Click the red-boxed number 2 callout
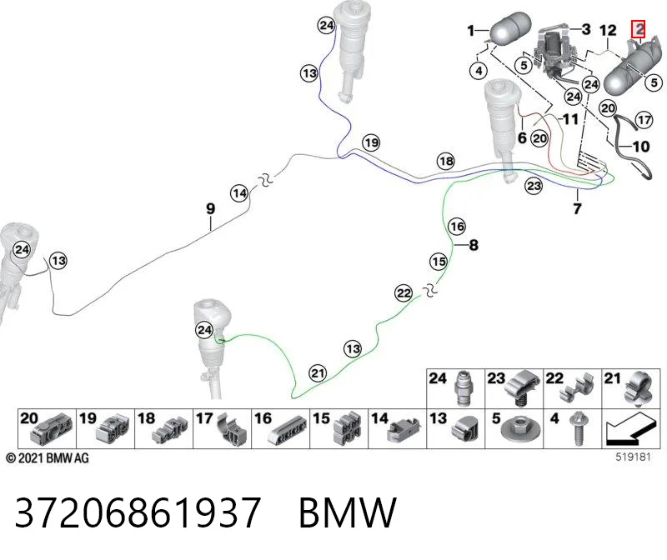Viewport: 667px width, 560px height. pyautogui.click(x=638, y=29)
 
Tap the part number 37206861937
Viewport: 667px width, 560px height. pyautogui.click(x=138, y=512)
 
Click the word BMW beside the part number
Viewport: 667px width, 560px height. pyautogui.click(x=348, y=512)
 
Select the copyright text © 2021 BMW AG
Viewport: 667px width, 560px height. pyautogui.click(x=48, y=458)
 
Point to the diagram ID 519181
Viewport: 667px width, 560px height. pyautogui.click(x=634, y=457)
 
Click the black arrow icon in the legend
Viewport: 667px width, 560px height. pyautogui.click(x=631, y=428)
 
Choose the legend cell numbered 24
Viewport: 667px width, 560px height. pyautogui.click(x=455, y=388)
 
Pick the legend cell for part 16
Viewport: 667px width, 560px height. pyautogui.click(x=281, y=428)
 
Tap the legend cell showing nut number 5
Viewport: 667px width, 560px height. pyautogui.click(x=514, y=428)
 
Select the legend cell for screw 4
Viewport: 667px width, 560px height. pyautogui.click(x=573, y=428)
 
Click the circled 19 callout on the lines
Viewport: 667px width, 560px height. pyautogui.click(x=371, y=142)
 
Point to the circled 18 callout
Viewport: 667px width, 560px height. pyautogui.click(x=446, y=161)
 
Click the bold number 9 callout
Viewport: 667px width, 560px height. pyautogui.click(x=211, y=209)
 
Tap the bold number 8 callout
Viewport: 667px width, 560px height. pyautogui.click(x=474, y=245)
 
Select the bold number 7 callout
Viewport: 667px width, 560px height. pyautogui.click(x=577, y=209)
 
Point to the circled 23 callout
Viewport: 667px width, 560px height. pyautogui.click(x=534, y=186)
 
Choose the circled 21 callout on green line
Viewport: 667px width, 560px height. pyautogui.click(x=318, y=373)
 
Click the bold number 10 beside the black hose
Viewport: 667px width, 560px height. pyautogui.click(x=641, y=147)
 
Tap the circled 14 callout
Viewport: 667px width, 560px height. pyautogui.click(x=239, y=193)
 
